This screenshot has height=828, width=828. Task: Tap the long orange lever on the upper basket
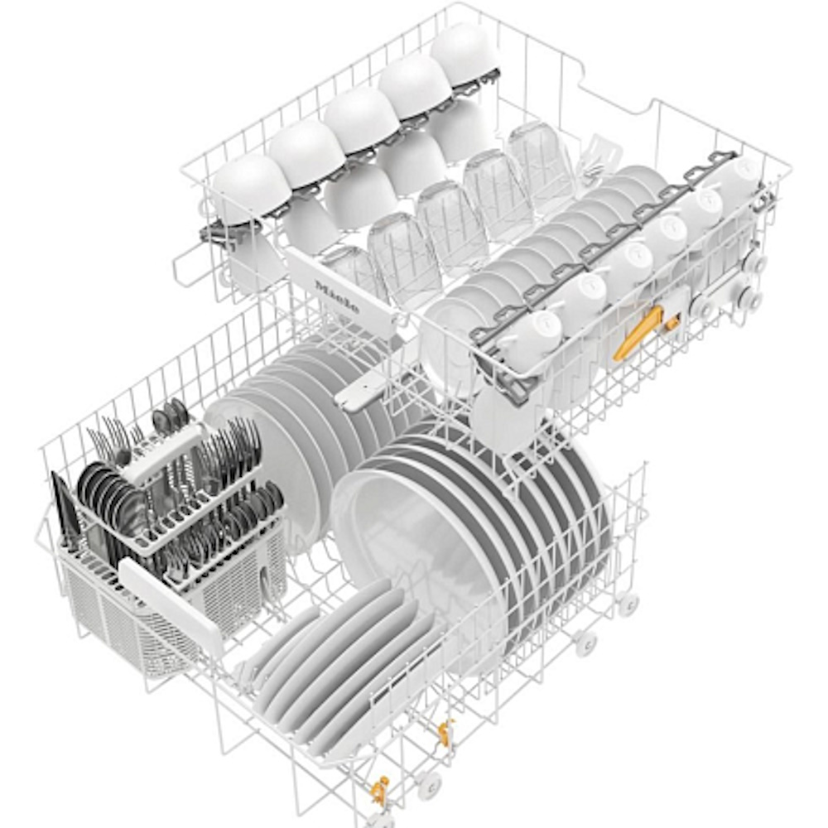pos(638,333)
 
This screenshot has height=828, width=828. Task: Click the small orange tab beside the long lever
pos(672,322)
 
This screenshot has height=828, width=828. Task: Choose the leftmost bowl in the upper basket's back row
pos(249,187)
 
